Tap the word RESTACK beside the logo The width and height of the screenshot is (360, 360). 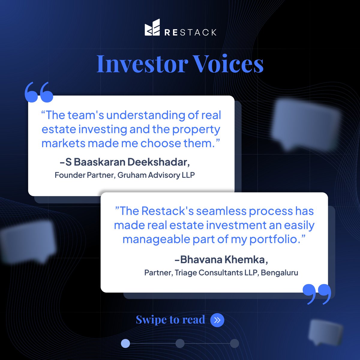click(190, 32)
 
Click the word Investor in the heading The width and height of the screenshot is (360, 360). click(142, 64)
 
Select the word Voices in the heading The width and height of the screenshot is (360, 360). click(228, 64)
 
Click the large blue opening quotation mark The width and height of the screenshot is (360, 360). click(39, 92)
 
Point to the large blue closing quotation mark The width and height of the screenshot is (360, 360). click(317, 294)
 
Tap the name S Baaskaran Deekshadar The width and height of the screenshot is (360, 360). click(127, 162)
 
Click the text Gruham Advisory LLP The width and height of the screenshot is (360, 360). click(156, 175)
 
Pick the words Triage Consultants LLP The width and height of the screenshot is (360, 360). click(216, 273)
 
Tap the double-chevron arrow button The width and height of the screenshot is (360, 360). click(217, 320)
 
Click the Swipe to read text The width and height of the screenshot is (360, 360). click(170, 320)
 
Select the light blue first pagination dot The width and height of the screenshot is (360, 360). click(125, 343)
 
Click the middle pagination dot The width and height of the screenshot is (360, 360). click(180, 343)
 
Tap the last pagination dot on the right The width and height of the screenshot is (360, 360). click(234, 343)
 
